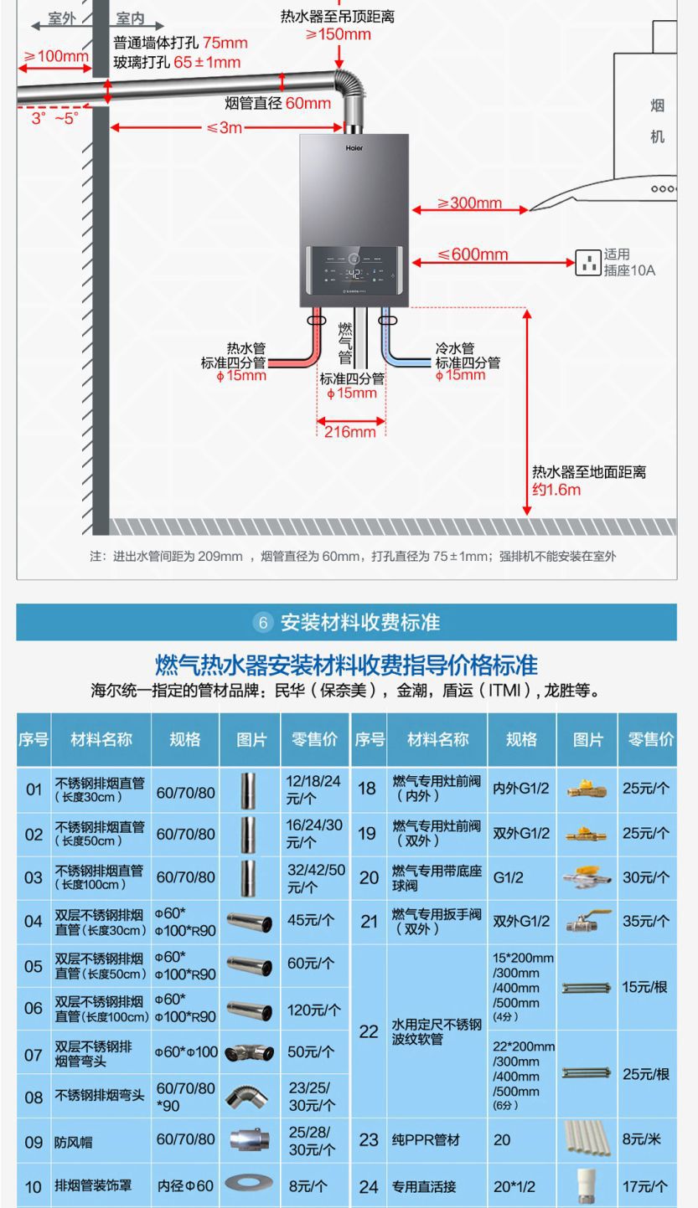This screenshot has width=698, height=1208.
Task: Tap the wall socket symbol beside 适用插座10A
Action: point(588,263)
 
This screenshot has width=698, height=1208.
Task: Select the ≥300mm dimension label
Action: point(469,203)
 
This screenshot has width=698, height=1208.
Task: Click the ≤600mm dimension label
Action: point(473,254)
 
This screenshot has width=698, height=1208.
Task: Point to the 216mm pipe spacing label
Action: point(350,432)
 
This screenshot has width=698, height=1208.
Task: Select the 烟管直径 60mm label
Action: point(278,103)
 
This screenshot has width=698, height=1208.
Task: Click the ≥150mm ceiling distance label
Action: point(338,34)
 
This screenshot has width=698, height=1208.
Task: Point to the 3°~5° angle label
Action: point(55,118)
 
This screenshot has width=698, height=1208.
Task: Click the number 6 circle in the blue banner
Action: point(263,623)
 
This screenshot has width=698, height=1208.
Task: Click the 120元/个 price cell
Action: point(315,1010)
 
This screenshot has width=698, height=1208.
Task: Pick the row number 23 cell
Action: point(369,1140)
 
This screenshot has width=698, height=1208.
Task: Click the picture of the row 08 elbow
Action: point(249,1097)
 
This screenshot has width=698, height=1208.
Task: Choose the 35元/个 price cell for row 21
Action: point(646,921)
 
